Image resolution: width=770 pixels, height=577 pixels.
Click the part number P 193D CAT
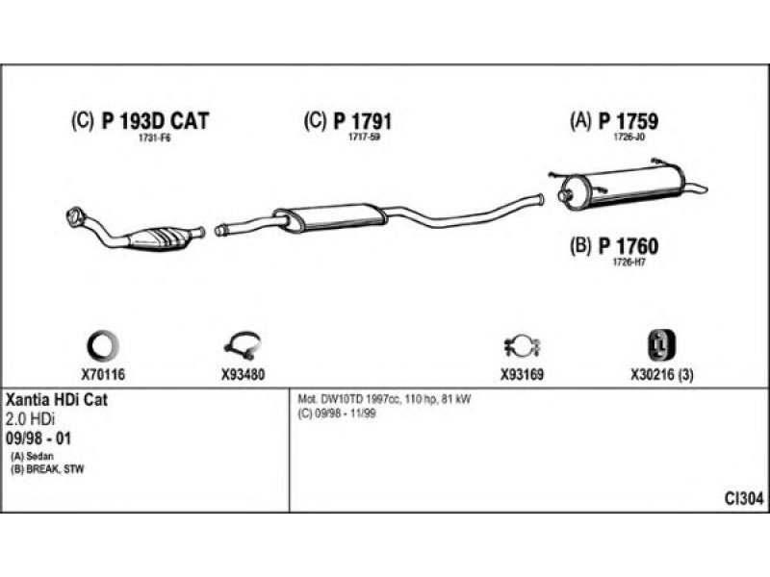click(x=155, y=121)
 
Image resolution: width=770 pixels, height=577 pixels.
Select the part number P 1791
click(x=363, y=121)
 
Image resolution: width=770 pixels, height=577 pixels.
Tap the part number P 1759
click(x=629, y=121)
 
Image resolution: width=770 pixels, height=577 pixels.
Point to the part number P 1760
click(x=629, y=246)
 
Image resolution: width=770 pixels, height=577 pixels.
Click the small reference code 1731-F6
click(x=154, y=138)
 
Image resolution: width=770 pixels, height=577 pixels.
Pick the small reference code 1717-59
click(x=365, y=138)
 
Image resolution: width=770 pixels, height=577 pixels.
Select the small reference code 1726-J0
click(x=629, y=138)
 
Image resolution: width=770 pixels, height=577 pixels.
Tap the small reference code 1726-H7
click(x=629, y=263)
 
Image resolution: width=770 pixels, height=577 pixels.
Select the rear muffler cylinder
click(x=622, y=187)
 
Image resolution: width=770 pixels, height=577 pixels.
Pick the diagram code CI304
click(x=744, y=499)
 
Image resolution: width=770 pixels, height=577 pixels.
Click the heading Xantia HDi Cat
click(x=56, y=399)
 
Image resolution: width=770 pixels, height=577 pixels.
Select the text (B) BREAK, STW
click(x=47, y=469)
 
